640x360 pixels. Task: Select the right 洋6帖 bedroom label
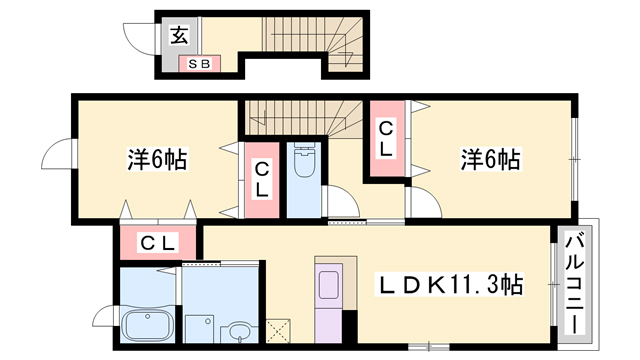tap(490, 158)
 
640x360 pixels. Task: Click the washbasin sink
tap(239, 331)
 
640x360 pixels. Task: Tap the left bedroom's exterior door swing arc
tap(57, 156)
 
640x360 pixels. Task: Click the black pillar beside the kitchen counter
tap(350, 324)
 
